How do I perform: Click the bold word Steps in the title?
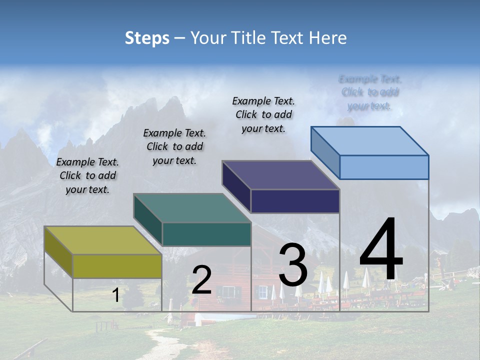click(x=147, y=38)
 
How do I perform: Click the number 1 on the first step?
click(x=115, y=295)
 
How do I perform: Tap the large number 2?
click(x=201, y=280)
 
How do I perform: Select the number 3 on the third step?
click(x=293, y=264)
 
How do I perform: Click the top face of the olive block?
click(x=103, y=240)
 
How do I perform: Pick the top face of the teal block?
click(x=192, y=208)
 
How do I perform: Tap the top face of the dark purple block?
click(x=281, y=175)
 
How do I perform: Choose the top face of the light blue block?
click(x=370, y=141)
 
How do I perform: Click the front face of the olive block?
click(x=117, y=266)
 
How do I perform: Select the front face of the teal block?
click(x=206, y=234)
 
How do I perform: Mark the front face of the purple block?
click(x=295, y=201)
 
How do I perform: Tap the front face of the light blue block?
click(x=384, y=167)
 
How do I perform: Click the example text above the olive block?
click(x=87, y=176)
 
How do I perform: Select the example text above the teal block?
click(x=174, y=147)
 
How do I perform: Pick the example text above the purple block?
click(x=263, y=114)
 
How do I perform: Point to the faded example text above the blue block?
click(x=370, y=92)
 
